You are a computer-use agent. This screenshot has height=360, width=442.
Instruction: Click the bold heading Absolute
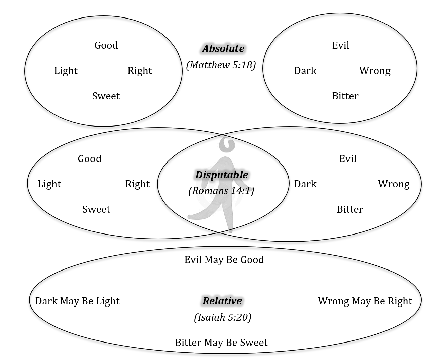(x=223, y=49)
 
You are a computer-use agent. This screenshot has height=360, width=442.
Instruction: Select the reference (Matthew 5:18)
(x=221, y=65)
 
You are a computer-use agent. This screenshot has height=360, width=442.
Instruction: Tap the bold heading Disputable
(x=222, y=175)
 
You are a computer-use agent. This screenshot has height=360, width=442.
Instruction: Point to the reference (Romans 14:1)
(x=221, y=191)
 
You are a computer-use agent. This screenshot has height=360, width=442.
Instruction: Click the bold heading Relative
(x=222, y=301)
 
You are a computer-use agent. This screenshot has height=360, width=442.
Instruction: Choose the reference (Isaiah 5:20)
(x=222, y=317)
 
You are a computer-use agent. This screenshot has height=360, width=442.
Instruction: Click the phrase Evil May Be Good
(x=224, y=260)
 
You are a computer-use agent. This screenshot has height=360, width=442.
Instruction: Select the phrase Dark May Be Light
(x=77, y=301)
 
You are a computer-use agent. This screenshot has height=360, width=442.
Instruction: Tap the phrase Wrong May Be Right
(x=365, y=301)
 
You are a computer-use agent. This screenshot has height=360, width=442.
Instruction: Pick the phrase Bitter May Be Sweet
(x=221, y=343)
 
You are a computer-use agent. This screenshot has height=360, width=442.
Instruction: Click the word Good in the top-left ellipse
(x=106, y=45)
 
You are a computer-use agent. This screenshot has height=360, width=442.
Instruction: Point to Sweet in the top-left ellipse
(x=106, y=96)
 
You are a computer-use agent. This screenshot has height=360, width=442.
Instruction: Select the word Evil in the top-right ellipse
(x=340, y=45)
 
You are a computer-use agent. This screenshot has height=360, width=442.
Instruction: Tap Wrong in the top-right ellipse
(x=375, y=71)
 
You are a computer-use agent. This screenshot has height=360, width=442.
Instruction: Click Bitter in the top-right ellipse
(x=345, y=96)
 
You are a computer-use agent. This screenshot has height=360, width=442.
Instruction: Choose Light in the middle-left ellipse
(x=49, y=184)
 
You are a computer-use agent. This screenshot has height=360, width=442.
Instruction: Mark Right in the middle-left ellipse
(x=137, y=184)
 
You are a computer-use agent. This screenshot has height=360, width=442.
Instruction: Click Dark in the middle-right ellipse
(x=305, y=184)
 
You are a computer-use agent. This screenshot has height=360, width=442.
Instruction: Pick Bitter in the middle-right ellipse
(x=350, y=209)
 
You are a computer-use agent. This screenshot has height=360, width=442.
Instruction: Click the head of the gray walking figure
(x=226, y=144)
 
